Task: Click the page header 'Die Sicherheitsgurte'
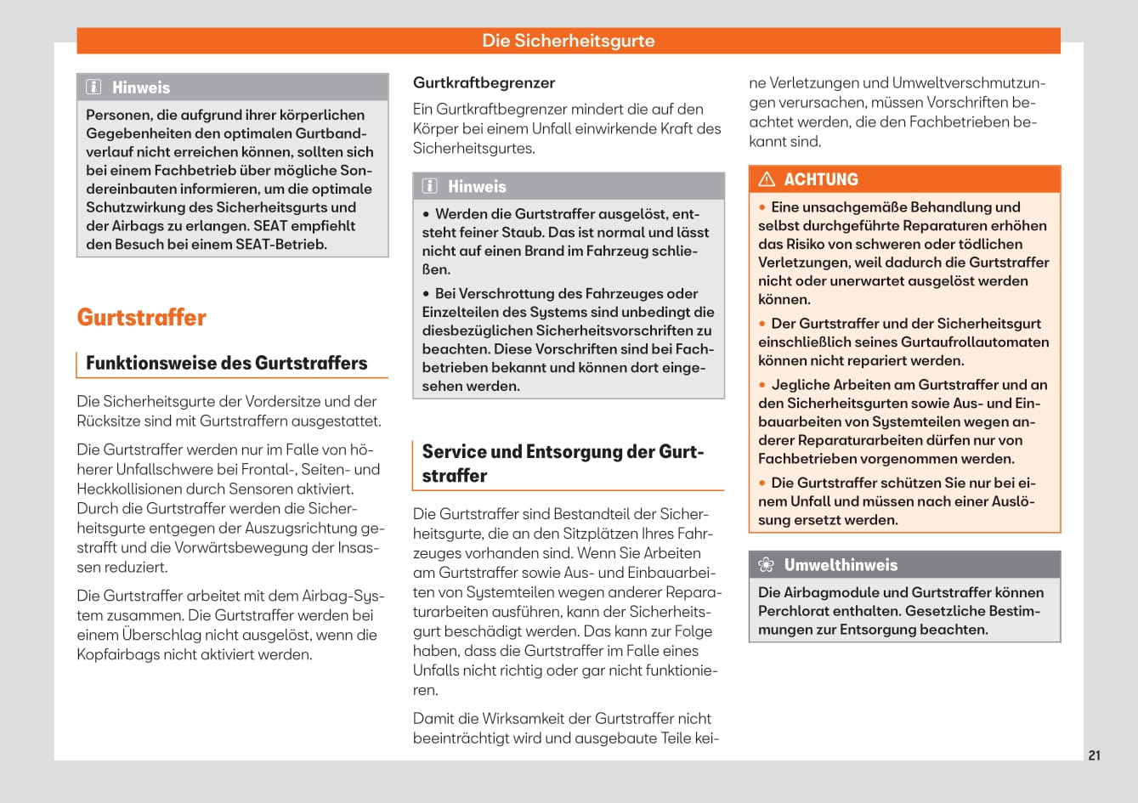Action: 568,41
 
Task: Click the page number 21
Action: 1094,755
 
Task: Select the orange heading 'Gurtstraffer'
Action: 142,318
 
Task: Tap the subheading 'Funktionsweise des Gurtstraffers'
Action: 227,363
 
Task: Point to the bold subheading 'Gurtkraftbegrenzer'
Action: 484,82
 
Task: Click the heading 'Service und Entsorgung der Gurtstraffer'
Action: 563,463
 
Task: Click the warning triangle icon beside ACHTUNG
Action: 767,179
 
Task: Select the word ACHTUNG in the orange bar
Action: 821,179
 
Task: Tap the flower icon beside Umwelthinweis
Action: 767,565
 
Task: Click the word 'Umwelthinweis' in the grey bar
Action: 841,565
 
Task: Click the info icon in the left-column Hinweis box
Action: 94,88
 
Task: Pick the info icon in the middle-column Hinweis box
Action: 430,186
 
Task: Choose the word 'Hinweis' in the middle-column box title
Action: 477,186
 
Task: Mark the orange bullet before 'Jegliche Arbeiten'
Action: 763,385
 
